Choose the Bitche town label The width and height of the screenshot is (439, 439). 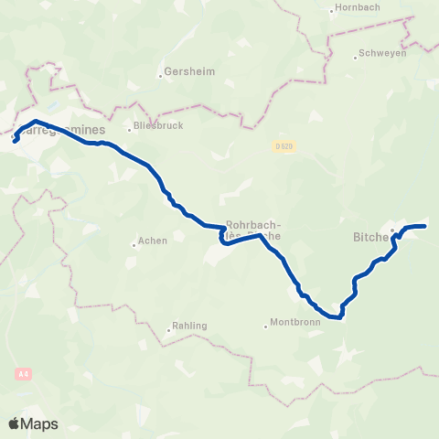370,237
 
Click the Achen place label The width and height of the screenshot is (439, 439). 152,241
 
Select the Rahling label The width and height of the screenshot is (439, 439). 189,325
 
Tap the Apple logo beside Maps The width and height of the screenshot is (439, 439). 15,423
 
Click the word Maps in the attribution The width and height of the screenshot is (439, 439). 40,423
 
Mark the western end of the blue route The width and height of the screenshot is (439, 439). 16,140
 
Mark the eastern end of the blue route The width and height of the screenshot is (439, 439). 425,226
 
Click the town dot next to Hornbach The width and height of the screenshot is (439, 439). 331,11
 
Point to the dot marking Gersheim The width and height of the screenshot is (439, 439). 160,75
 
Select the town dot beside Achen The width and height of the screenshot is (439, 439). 134,243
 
